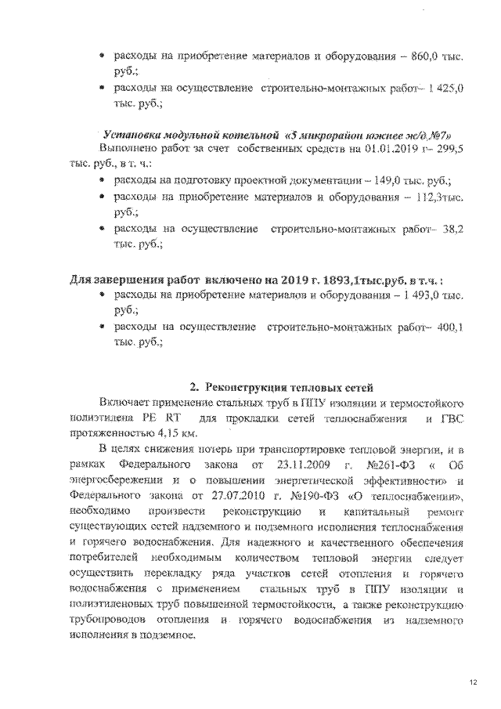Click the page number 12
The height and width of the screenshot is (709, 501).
pos(473,683)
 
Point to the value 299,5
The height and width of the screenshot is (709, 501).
pos(452,147)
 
